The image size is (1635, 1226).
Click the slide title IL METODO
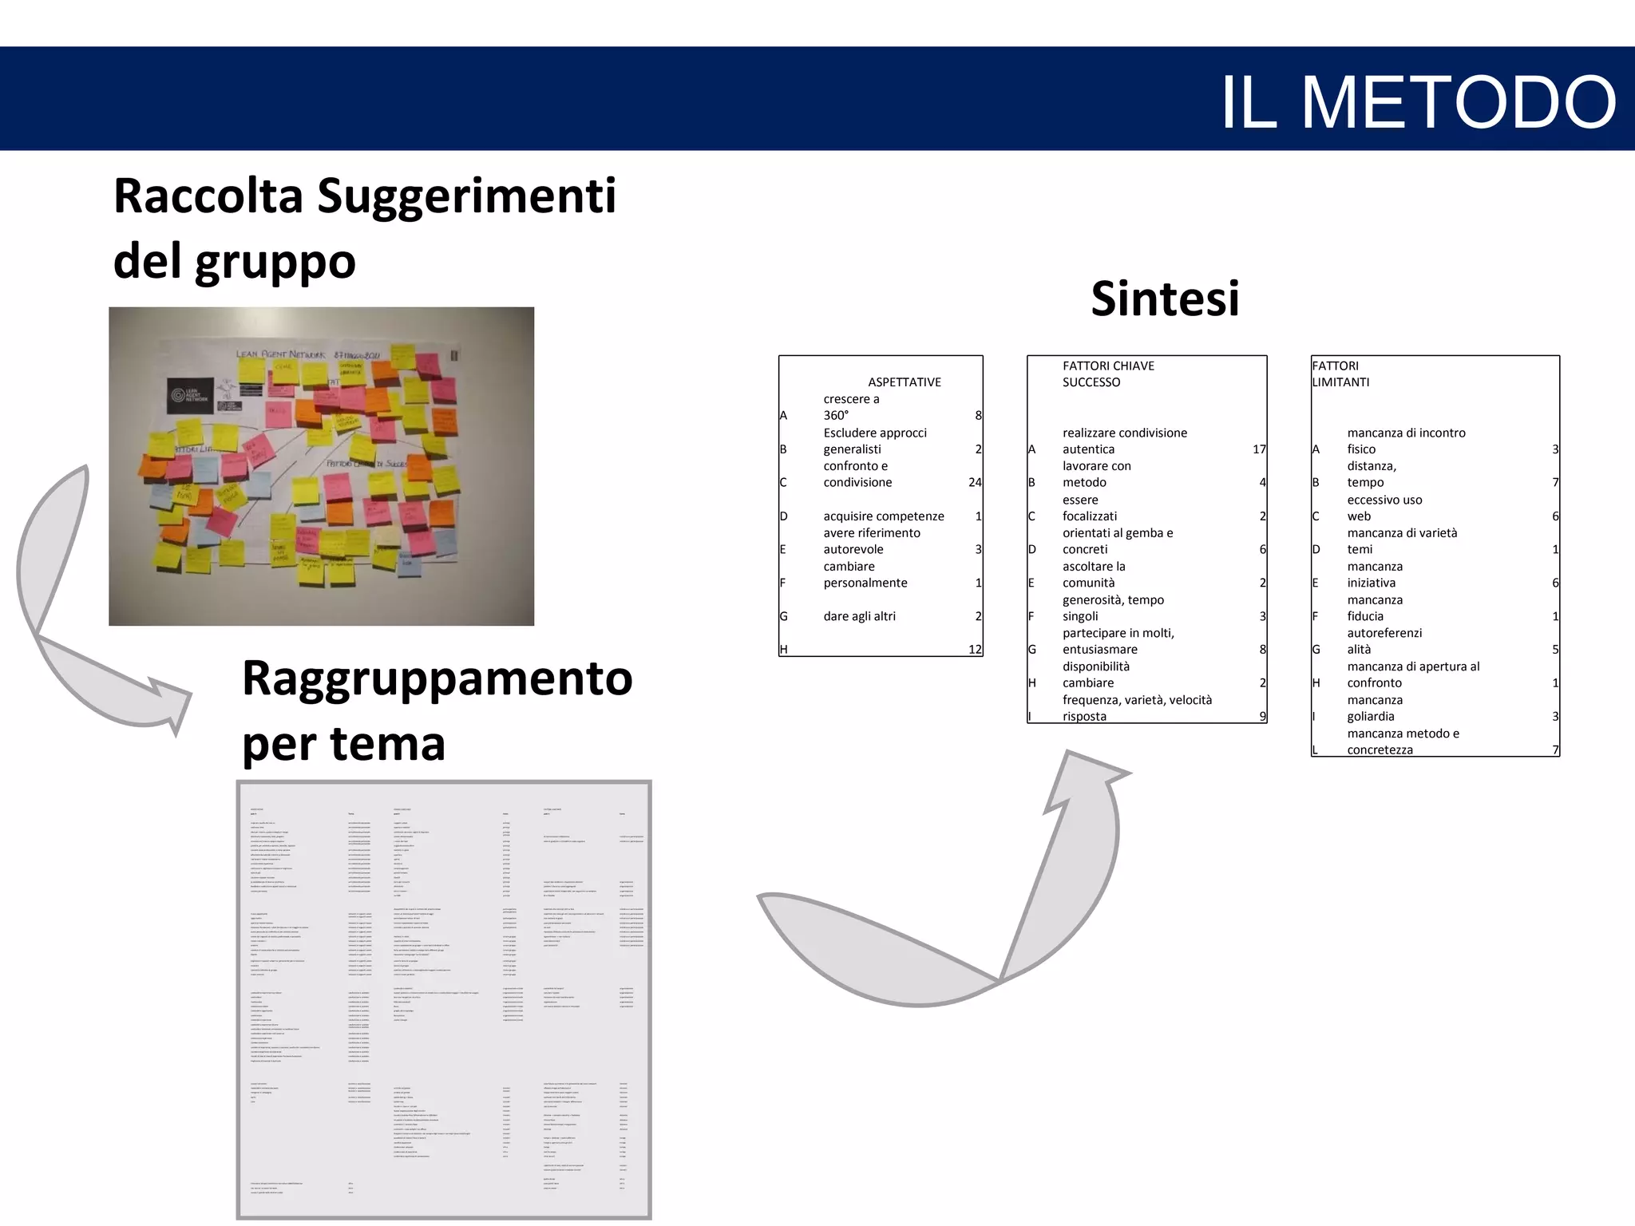pyautogui.click(x=1418, y=101)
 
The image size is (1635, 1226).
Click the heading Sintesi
pyautogui.click(x=1165, y=299)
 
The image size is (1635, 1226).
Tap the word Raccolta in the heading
pyautogui.click(x=208, y=196)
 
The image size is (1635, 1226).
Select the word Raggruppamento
pyautogui.click(x=437, y=678)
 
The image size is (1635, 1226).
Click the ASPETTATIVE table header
pyautogui.click(x=904, y=382)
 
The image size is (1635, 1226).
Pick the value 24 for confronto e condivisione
pyautogui.click(x=974, y=482)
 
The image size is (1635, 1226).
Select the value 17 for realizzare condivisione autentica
pyautogui.click(x=1259, y=449)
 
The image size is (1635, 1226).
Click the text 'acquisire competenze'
pyautogui.click(x=883, y=516)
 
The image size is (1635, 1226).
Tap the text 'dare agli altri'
pyautogui.click(x=859, y=616)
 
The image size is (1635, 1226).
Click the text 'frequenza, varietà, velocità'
pyautogui.click(x=1137, y=700)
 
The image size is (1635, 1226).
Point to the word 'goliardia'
pyautogui.click(x=1371, y=717)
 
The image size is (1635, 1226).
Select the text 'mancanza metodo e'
pyautogui.click(x=1403, y=734)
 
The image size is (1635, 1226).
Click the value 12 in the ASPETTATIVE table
pyautogui.click(x=974, y=650)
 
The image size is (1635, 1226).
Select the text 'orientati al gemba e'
pyautogui.click(x=1118, y=533)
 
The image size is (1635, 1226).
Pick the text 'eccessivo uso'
pyautogui.click(x=1384, y=500)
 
